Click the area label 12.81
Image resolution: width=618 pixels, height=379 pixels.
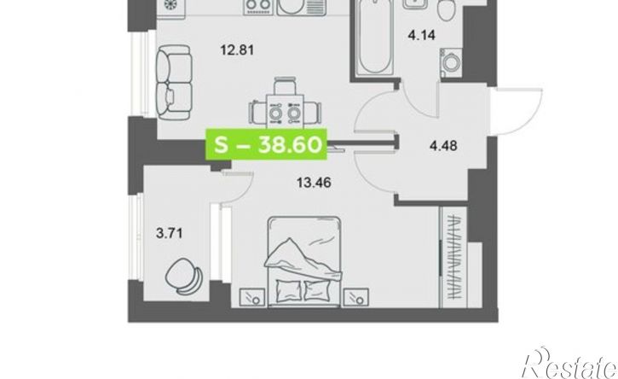coord(237,50)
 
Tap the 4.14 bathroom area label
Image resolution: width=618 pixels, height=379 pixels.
coord(422,36)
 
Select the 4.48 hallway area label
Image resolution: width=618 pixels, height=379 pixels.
coord(443,146)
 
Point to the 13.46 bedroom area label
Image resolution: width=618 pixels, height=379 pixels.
coord(314,183)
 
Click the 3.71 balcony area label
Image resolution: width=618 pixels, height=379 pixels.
coord(170,233)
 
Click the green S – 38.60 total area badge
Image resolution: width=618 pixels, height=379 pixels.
coord(267,144)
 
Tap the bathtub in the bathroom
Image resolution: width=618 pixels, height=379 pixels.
coord(374,38)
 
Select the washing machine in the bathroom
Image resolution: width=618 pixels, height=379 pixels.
coord(451,62)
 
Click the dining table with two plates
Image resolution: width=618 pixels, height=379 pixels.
coord(285,112)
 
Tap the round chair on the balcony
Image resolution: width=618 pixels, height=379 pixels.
coord(184,277)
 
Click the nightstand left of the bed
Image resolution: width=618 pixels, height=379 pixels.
coord(251,297)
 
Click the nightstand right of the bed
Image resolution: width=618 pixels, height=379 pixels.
coord(356,297)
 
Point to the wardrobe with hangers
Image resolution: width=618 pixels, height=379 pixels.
coord(453,257)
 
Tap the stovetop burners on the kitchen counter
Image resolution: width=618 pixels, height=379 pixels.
coord(258,6)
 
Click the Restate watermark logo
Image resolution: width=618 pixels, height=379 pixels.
coord(569,364)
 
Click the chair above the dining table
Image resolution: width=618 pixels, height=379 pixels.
coord(285,85)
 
